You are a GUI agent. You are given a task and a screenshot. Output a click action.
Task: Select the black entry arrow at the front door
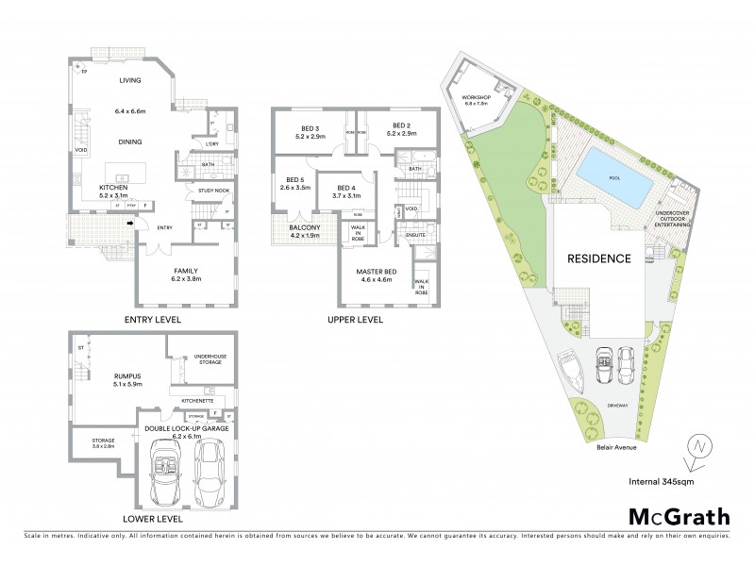click(130, 224)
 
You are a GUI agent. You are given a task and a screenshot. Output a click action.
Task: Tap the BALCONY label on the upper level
click(304, 227)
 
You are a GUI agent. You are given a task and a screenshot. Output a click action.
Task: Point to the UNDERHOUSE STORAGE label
click(209, 358)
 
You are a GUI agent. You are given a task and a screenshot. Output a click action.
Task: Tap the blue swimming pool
click(614, 179)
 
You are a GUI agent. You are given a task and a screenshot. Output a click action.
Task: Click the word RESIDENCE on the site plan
click(597, 258)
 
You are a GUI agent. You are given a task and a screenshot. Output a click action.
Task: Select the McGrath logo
click(679, 516)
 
